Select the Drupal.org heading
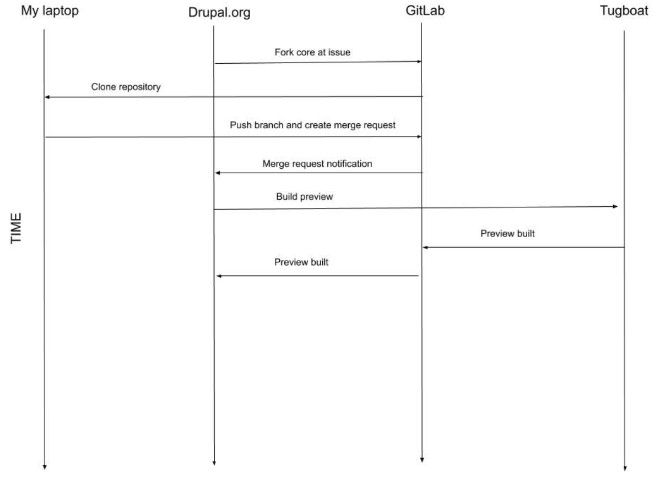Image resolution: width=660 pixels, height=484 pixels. (219, 13)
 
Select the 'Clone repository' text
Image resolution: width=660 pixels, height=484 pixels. (126, 87)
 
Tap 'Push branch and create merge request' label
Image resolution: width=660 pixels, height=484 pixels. (313, 125)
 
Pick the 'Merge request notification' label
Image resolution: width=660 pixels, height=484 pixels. (317, 163)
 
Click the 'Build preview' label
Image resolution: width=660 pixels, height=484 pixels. (305, 196)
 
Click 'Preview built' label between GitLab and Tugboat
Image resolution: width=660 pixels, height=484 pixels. (507, 233)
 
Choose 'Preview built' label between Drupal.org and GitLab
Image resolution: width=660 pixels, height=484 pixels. (301, 262)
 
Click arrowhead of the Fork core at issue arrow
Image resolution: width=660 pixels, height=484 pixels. (419, 62)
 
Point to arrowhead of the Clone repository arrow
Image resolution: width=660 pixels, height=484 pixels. (48, 97)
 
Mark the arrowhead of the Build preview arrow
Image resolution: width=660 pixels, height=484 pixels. (615, 206)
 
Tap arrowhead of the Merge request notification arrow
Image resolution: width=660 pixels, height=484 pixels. (218, 173)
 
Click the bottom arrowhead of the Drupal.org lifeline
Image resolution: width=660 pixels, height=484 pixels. (214, 463)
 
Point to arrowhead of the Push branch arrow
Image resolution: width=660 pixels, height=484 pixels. (419, 136)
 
